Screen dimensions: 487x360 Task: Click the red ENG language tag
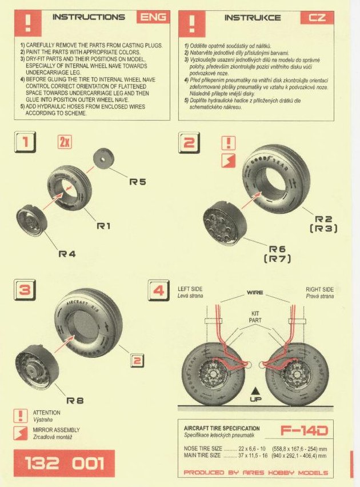click(154, 17)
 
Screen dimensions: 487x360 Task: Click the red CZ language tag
click(317, 17)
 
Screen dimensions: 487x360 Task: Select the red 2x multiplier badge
click(65, 142)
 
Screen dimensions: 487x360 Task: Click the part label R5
click(138, 182)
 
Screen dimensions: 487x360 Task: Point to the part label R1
click(103, 226)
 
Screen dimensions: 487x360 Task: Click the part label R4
click(67, 253)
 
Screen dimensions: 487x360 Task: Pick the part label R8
click(75, 401)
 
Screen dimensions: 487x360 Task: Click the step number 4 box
click(159, 290)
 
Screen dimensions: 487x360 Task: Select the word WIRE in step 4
click(255, 292)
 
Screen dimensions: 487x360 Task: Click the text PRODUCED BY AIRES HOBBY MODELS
click(256, 473)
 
